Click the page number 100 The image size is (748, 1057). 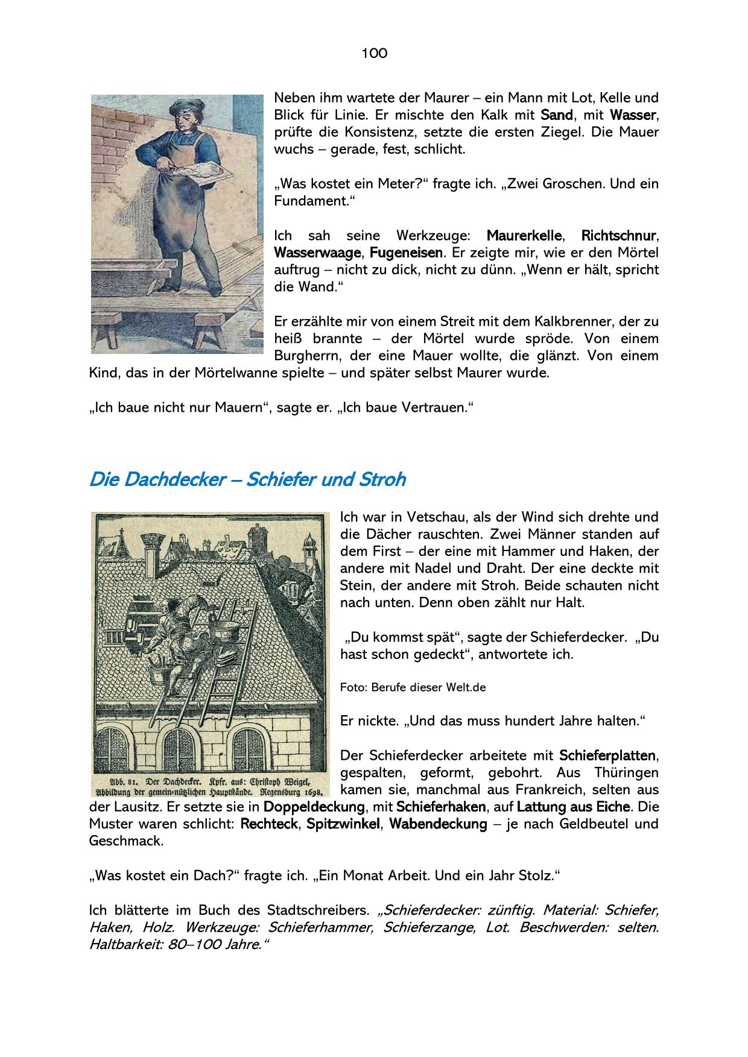coord(374,54)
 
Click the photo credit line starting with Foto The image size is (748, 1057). coord(413,687)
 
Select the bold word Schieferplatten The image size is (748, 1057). coord(608,756)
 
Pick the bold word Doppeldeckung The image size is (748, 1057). coord(314,807)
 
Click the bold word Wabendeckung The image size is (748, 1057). coord(438,824)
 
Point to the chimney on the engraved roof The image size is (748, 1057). coord(150,549)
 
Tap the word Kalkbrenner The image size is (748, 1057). coord(578,321)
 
